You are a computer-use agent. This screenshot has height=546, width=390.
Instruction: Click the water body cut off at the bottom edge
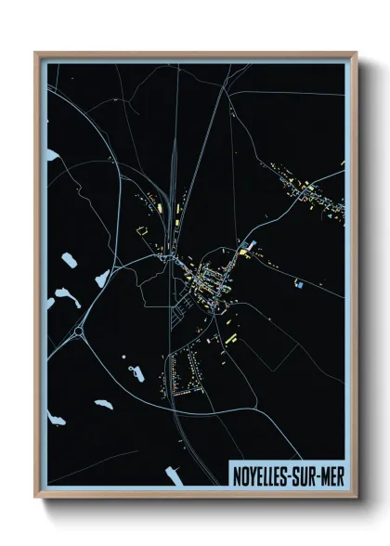pos(174,476)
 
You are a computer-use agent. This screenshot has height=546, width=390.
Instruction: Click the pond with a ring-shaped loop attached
pos(136,373)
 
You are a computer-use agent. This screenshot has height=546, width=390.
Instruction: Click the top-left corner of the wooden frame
pos(36,53)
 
